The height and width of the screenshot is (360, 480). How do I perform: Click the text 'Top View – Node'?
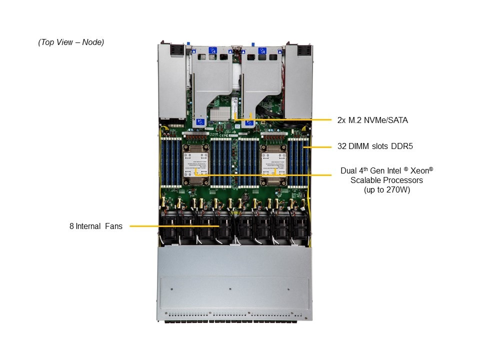click(71, 42)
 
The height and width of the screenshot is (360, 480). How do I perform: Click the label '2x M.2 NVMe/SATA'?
click(369, 120)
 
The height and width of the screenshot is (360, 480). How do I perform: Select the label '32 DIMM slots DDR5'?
click(374, 147)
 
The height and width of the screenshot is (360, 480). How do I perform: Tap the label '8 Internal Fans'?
click(96, 226)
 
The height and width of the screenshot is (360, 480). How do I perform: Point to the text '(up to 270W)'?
click(386, 190)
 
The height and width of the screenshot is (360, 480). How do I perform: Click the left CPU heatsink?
click(196, 162)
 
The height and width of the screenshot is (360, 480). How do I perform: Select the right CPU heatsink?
click(273, 162)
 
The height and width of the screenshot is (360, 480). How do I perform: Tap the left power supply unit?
click(171, 80)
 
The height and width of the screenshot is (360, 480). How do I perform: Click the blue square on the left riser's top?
click(212, 50)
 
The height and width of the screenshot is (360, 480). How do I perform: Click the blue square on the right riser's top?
click(261, 50)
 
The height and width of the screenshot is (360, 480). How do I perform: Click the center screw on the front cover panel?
click(229, 288)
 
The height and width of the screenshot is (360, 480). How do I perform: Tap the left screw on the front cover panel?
click(171, 288)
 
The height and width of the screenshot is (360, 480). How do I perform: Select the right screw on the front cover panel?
click(288, 288)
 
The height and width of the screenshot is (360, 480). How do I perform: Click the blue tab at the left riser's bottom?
click(201, 121)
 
